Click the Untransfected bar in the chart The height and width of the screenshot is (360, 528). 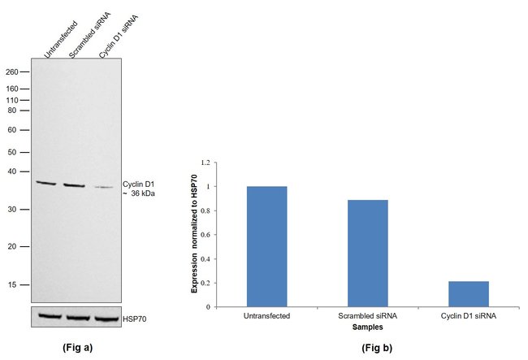[x=266, y=246]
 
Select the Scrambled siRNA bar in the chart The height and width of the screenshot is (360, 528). [x=368, y=254]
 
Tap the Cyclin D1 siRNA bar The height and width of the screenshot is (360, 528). [x=469, y=294]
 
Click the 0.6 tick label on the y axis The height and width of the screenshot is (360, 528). [x=206, y=235]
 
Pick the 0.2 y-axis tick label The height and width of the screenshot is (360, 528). [x=206, y=283]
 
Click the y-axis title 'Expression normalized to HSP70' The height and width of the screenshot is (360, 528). [x=194, y=234]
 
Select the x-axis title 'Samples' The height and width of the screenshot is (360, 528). [x=367, y=327]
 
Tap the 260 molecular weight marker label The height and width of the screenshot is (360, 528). [x=12, y=72]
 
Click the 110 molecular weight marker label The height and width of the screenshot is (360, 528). [x=12, y=100]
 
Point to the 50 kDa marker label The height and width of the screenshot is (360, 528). [x=12, y=152]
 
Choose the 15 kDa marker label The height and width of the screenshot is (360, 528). [x=12, y=285]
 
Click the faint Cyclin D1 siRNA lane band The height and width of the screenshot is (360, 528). [x=104, y=187]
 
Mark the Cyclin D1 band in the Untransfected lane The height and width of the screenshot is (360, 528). [x=46, y=183]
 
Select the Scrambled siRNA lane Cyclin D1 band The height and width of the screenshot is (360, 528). [x=74, y=185]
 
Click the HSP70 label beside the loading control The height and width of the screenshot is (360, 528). [x=135, y=319]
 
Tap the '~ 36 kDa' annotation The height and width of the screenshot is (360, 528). [x=139, y=193]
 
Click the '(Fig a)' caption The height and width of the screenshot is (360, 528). [x=77, y=348]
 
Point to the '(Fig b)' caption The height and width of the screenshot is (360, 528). [x=377, y=348]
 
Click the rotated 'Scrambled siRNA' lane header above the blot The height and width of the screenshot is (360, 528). [x=89, y=35]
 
